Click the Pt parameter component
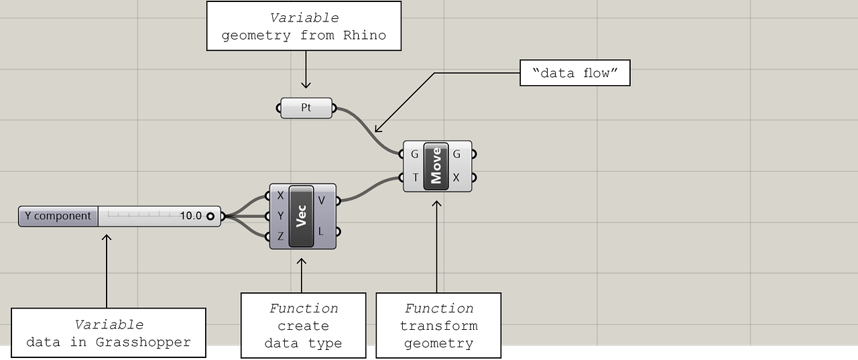pyautogui.click(x=306, y=108)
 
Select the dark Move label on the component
pyautogui.click(x=436, y=166)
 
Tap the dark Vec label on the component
pyautogui.click(x=301, y=216)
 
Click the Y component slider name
pyautogui.click(x=58, y=217)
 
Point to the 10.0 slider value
pyautogui.click(x=190, y=217)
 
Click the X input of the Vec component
pyautogui.click(x=280, y=196)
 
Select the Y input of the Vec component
pyautogui.click(x=280, y=216)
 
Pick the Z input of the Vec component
pyautogui.click(x=280, y=236)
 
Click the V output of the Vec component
pyautogui.click(x=322, y=200)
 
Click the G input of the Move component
pyautogui.click(x=414, y=154)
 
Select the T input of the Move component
pyautogui.click(x=414, y=178)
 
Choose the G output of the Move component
pyautogui.click(x=457, y=154)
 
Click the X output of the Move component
pyautogui.click(x=457, y=178)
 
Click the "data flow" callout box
pyautogui.click(x=575, y=73)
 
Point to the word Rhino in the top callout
pyautogui.click(x=365, y=36)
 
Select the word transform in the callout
pyautogui.click(x=438, y=326)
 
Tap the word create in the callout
pyautogui.click(x=303, y=326)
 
